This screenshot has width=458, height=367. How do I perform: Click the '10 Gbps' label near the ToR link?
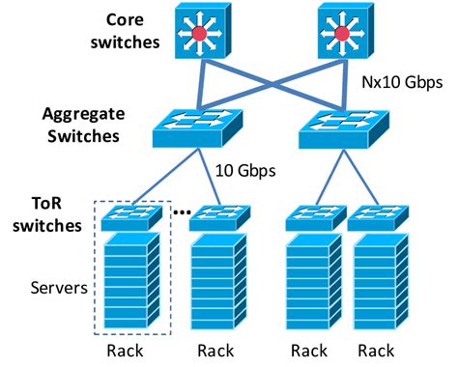pyautogui.click(x=244, y=171)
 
